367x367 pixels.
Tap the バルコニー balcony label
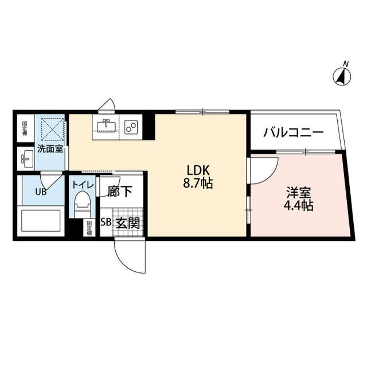tap(294, 132)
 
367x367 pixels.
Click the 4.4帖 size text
tap(298, 206)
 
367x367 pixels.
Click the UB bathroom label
tap(41, 192)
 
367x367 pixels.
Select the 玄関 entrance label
tap(128, 224)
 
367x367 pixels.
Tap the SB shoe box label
tap(106, 224)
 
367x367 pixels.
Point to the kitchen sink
tap(106, 126)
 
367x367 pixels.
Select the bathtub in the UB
tap(41, 220)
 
